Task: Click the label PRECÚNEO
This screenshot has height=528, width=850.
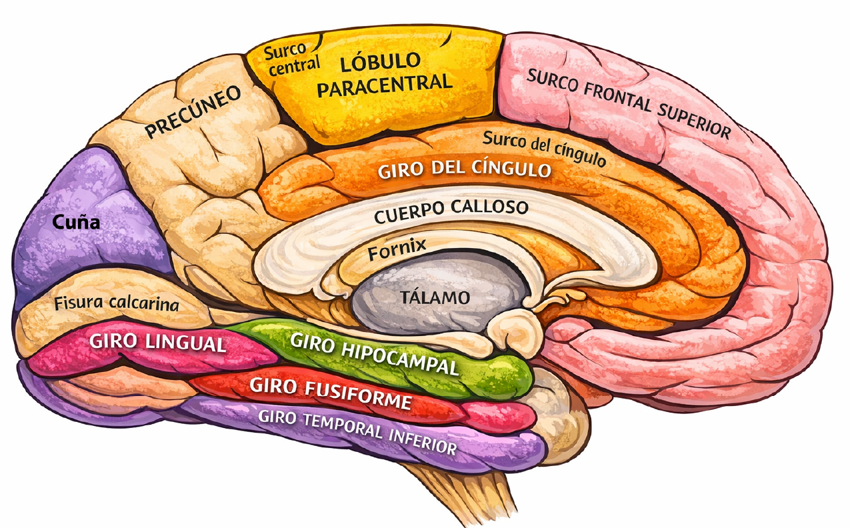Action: [x=193, y=111]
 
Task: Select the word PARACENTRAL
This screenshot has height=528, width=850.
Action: [x=385, y=86]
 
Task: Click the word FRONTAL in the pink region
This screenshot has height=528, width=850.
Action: [x=617, y=98]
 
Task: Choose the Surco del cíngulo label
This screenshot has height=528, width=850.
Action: [x=544, y=149]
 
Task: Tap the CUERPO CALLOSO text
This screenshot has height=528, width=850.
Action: [x=451, y=211]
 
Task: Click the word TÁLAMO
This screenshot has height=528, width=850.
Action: [x=435, y=297]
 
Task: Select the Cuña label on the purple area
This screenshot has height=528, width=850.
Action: [x=76, y=222]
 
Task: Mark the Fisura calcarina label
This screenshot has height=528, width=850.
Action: [x=117, y=303]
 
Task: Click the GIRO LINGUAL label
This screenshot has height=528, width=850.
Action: [x=157, y=343]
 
